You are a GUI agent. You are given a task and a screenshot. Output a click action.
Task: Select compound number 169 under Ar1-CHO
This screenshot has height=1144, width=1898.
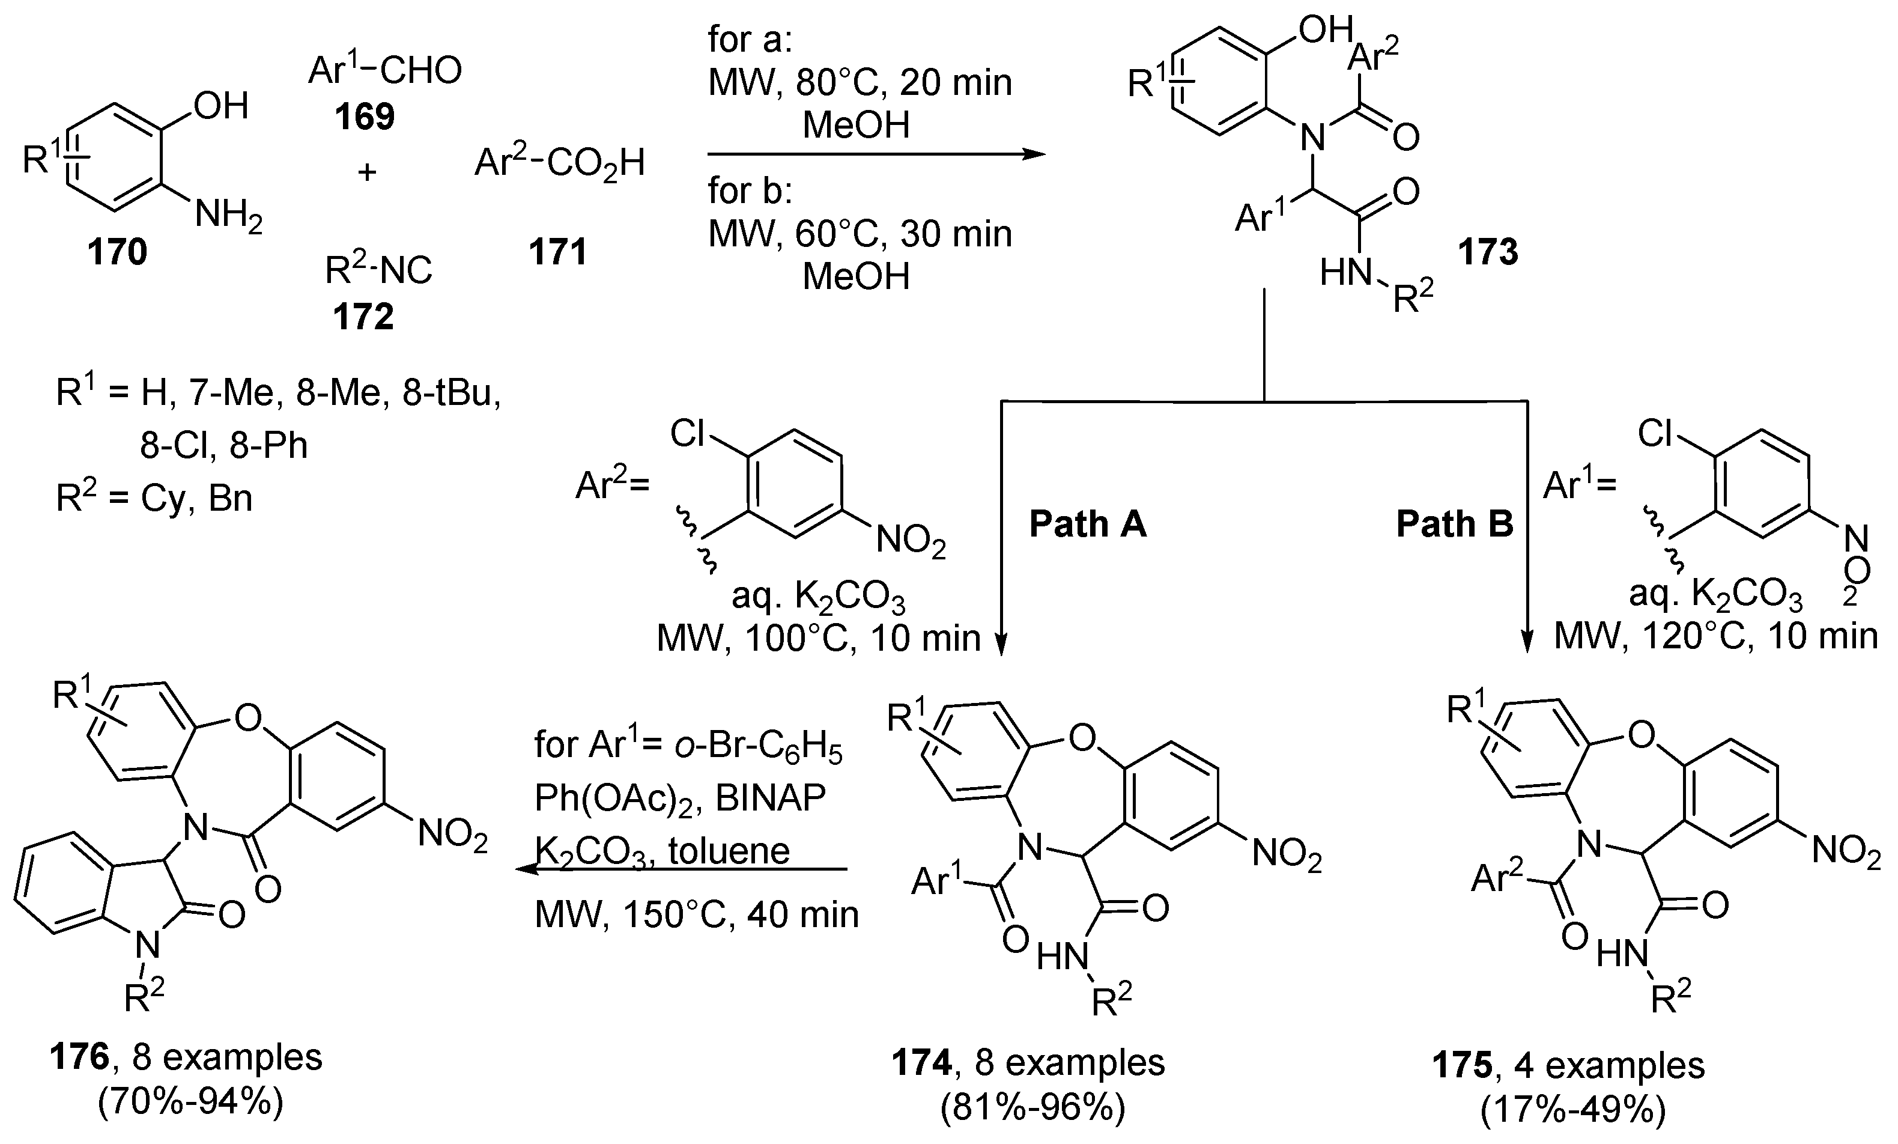click(x=365, y=117)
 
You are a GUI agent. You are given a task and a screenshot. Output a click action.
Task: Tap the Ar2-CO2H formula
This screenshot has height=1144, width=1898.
click(x=559, y=163)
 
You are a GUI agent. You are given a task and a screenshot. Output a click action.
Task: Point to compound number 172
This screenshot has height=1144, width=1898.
click(x=363, y=317)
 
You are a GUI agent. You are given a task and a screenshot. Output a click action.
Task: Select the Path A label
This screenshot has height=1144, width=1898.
click(x=1088, y=525)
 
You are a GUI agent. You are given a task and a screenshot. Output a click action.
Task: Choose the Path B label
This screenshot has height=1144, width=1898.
click(x=1454, y=525)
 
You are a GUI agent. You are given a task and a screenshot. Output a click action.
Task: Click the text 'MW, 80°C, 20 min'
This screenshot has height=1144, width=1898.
click(x=859, y=83)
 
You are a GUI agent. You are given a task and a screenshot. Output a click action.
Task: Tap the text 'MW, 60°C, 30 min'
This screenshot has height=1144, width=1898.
click(x=859, y=234)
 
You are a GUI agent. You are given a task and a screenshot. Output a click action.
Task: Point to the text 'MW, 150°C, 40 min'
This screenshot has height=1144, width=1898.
click(x=696, y=914)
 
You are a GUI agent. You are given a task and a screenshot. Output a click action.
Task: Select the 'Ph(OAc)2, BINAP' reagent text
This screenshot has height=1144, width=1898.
click(x=680, y=799)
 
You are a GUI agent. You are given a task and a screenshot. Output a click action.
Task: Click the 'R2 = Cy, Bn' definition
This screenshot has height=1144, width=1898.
click(x=154, y=499)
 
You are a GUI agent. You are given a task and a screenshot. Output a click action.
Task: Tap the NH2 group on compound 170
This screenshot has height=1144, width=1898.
click(x=229, y=214)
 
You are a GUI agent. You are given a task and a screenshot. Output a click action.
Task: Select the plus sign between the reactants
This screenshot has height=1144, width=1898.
click(x=366, y=172)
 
